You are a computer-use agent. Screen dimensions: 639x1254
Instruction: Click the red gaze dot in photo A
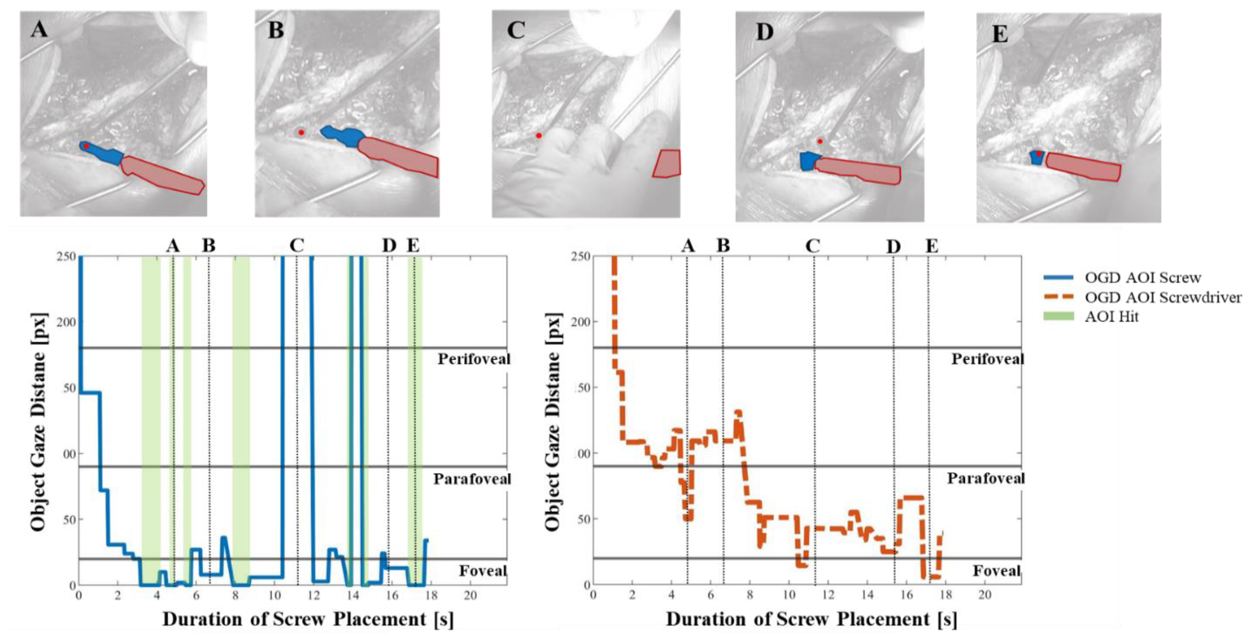(x=86, y=146)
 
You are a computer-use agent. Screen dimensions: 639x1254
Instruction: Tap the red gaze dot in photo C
(x=538, y=135)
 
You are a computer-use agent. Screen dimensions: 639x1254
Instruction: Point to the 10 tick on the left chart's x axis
(x=274, y=595)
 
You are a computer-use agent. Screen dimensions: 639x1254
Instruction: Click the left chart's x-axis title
(x=308, y=619)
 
